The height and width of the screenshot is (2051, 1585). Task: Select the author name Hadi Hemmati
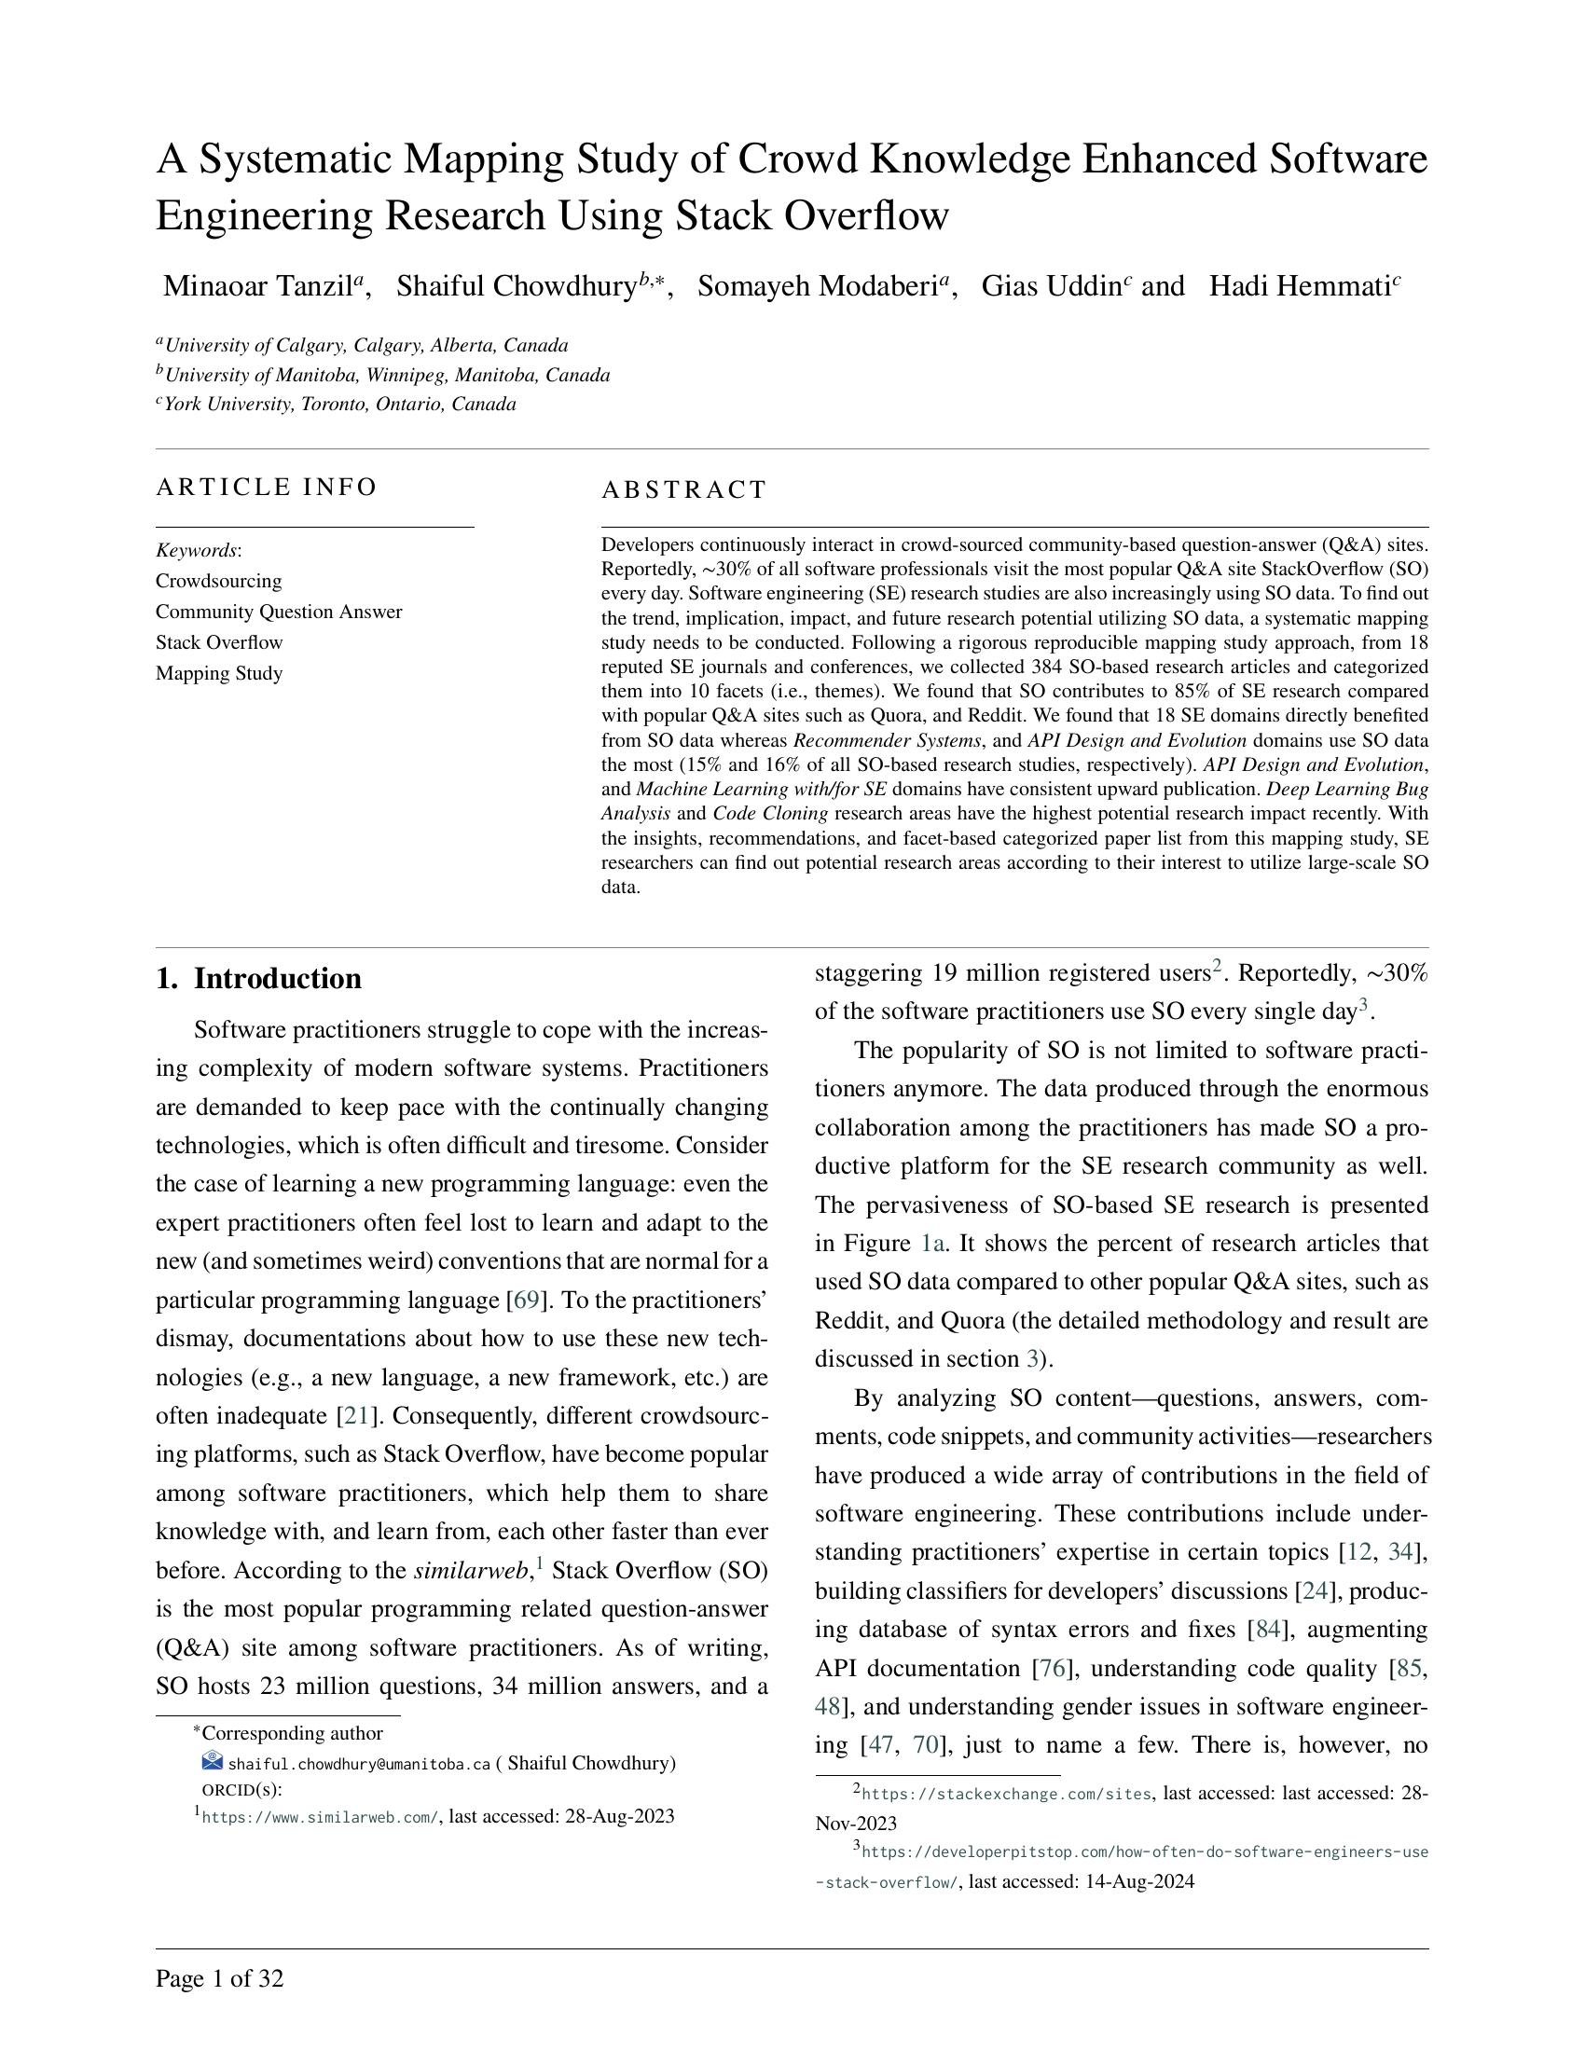tap(1299, 286)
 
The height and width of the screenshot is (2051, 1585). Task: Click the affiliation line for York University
tap(339, 405)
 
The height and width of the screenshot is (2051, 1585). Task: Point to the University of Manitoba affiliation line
tap(386, 376)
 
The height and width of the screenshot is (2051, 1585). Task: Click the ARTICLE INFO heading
tap(266, 488)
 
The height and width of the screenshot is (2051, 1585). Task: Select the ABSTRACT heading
tap(683, 490)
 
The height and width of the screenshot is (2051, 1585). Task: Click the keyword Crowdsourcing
tap(219, 582)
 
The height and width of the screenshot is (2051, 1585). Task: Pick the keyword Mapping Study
tap(219, 673)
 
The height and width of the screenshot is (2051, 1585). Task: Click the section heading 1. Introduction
tap(258, 979)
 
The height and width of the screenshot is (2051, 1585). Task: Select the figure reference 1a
tap(931, 1244)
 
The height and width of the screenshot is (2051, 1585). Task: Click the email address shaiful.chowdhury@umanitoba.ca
tap(359, 1765)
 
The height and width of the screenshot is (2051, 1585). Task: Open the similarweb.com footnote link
tap(319, 1817)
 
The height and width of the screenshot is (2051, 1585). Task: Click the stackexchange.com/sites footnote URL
tap(1006, 1795)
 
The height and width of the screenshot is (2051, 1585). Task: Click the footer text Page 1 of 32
tap(219, 1979)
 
